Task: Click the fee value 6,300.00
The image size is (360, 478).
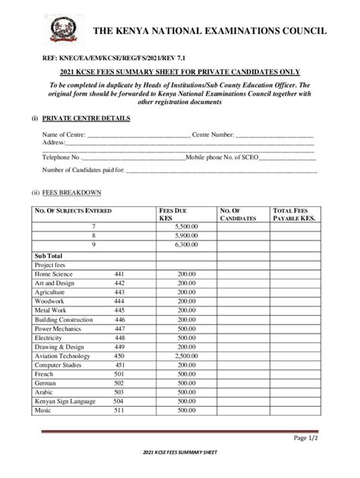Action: pos(186,245)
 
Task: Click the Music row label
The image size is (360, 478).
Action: pos(43,410)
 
